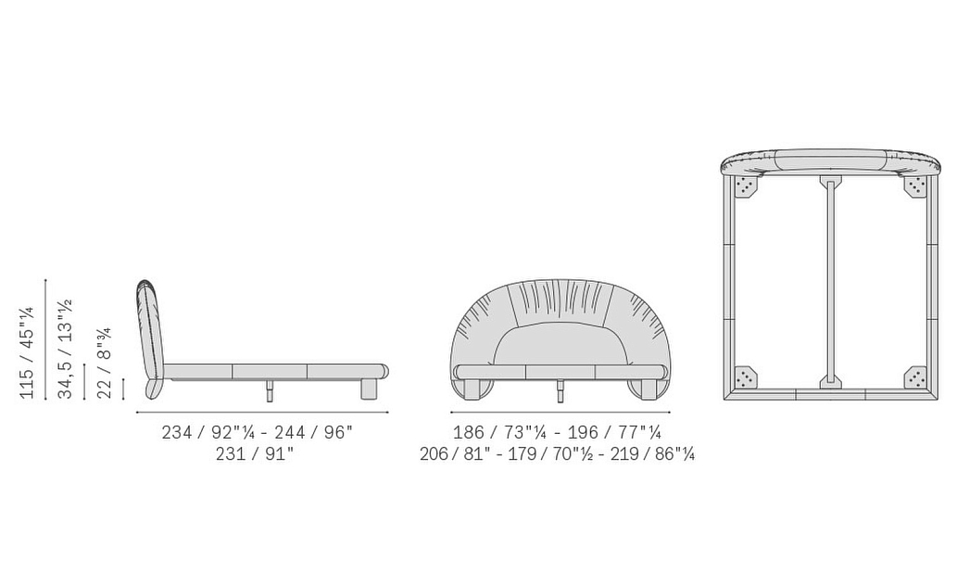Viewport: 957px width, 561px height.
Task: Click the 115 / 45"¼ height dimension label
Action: pyautogui.click(x=27, y=352)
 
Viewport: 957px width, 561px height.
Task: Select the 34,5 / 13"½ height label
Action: pyautogui.click(x=65, y=349)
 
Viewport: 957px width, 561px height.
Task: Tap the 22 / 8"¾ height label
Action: pyautogui.click(x=105, y=363)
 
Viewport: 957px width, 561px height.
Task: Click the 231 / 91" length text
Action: pyautogui.click(x=255, y=454)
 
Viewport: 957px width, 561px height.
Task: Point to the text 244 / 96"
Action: pyautogui.click(x=314, y=432)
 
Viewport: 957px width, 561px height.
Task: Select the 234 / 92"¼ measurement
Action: pyautogui.click(x=208, y=432)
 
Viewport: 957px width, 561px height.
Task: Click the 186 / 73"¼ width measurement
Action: pyautogui.click(x=499, y=432)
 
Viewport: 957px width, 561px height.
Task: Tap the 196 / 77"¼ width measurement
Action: pyautogui.click(x=614, y=432)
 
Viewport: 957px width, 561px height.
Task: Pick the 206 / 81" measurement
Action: pyautogui.click(x=455, y=454)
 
